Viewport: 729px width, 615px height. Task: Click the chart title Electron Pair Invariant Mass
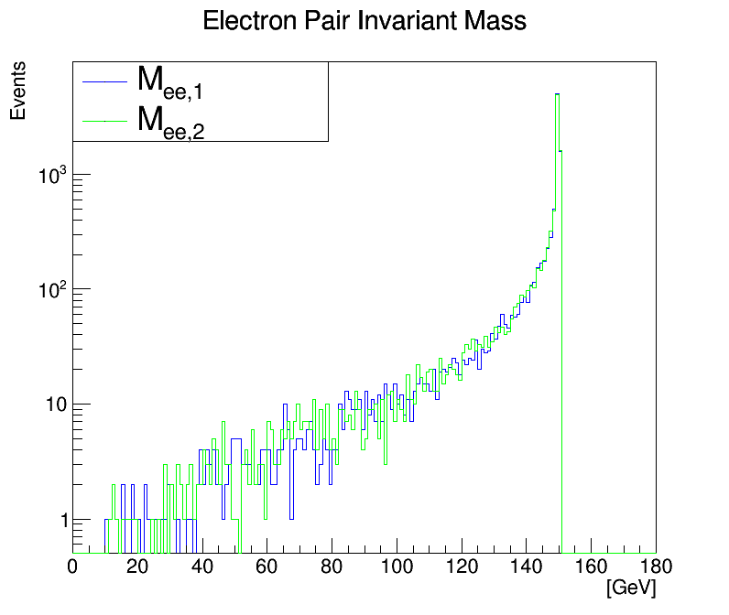point(364,21)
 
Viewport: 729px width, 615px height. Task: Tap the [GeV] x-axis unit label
point(631,587)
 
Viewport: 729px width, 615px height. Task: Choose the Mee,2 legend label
point(169,121)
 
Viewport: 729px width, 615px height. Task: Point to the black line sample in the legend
point(103,81)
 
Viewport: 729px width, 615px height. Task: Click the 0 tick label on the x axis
point(73,566)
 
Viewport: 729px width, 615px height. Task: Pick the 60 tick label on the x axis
point(267,566)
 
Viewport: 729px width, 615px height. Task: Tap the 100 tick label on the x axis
point(397,566)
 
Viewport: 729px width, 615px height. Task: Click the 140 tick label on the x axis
point(527,566)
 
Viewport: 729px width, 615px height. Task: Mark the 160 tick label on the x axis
point(591,566)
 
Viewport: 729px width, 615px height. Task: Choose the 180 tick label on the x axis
point(654,566)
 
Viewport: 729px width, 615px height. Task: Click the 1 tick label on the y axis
point(62,521)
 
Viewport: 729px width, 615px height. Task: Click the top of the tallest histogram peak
point(557,94)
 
